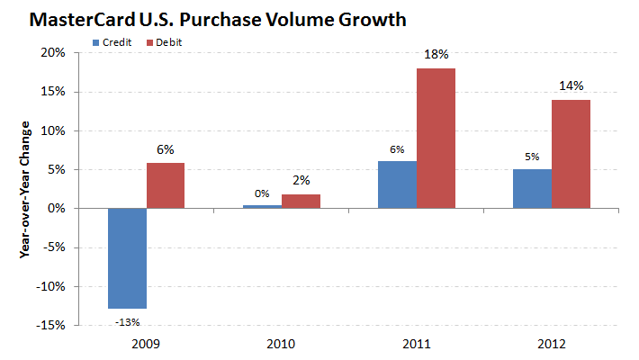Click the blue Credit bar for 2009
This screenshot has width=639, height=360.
click(127, 258)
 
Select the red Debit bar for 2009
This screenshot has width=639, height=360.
click(166, 185)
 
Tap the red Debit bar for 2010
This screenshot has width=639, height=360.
click(301, 201)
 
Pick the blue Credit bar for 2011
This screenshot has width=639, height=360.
click(397, 184)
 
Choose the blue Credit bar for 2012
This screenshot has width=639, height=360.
click(532, 188)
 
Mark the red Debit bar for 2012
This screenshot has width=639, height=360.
click(571, 154)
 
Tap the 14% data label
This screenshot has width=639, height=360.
click(571, 86)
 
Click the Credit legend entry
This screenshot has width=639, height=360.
click(112, 41)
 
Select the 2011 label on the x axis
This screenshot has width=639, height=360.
click(416, 343)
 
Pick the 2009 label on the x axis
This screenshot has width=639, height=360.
click(146, 343)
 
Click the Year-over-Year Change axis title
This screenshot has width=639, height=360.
click(25, 189)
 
